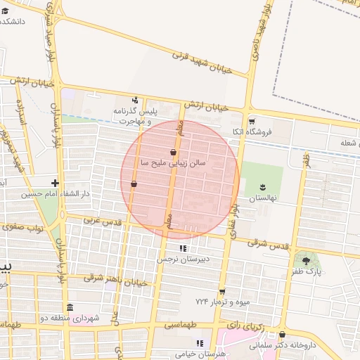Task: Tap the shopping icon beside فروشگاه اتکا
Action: tap(251, 121)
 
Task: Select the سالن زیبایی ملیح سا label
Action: tap(173, 162)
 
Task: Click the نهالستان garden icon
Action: tap(262, 186)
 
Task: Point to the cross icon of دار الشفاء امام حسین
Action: tap(54, 183)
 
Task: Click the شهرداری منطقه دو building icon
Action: tap(70, 307)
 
